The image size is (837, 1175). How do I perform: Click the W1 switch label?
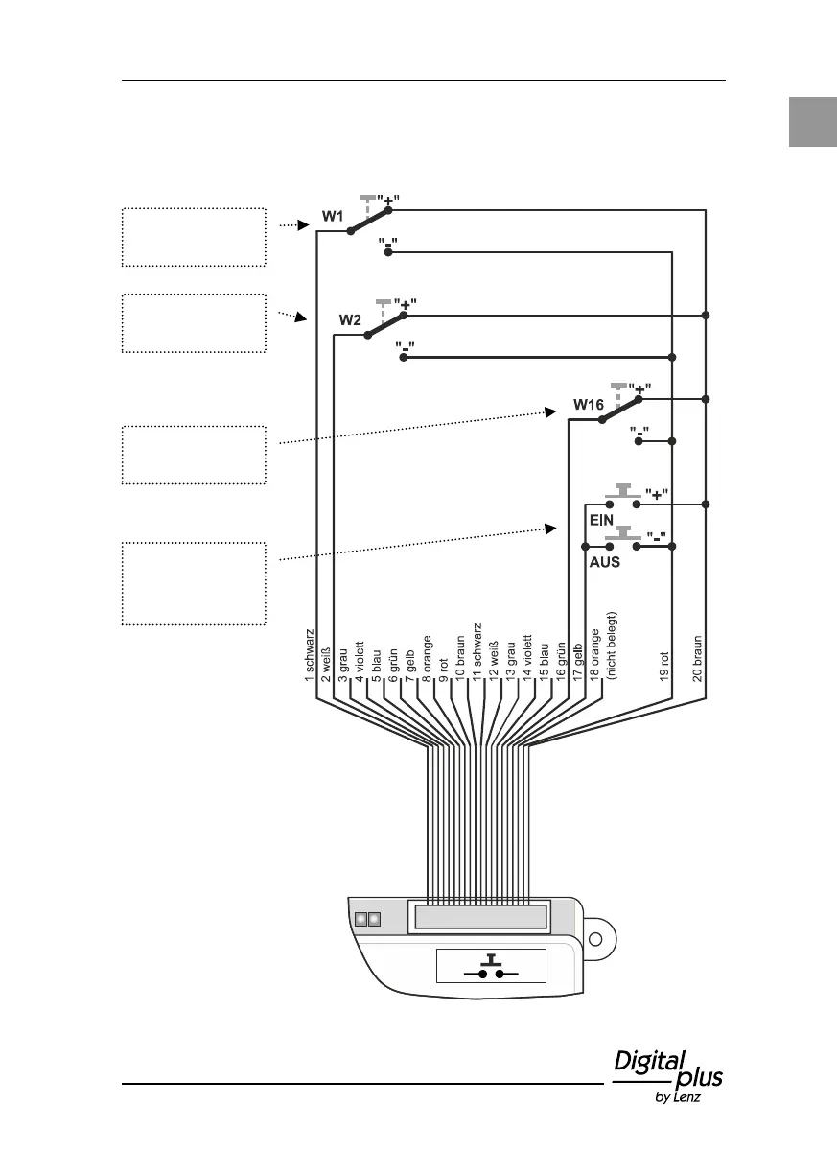click(332, 217)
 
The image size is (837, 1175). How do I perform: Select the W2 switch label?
click(349, 320)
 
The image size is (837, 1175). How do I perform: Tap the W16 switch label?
click(588, 406)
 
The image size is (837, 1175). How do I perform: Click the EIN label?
click(601, 518)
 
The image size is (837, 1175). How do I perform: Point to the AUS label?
click(604, 562)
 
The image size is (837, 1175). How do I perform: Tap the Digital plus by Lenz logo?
click(667, 1075)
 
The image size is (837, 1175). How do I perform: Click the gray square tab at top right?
click(812, 121)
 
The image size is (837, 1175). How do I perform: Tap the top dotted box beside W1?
click(194, 236)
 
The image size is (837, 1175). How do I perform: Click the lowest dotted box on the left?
click(194, 583)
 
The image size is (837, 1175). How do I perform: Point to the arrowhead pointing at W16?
click(550, 411)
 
